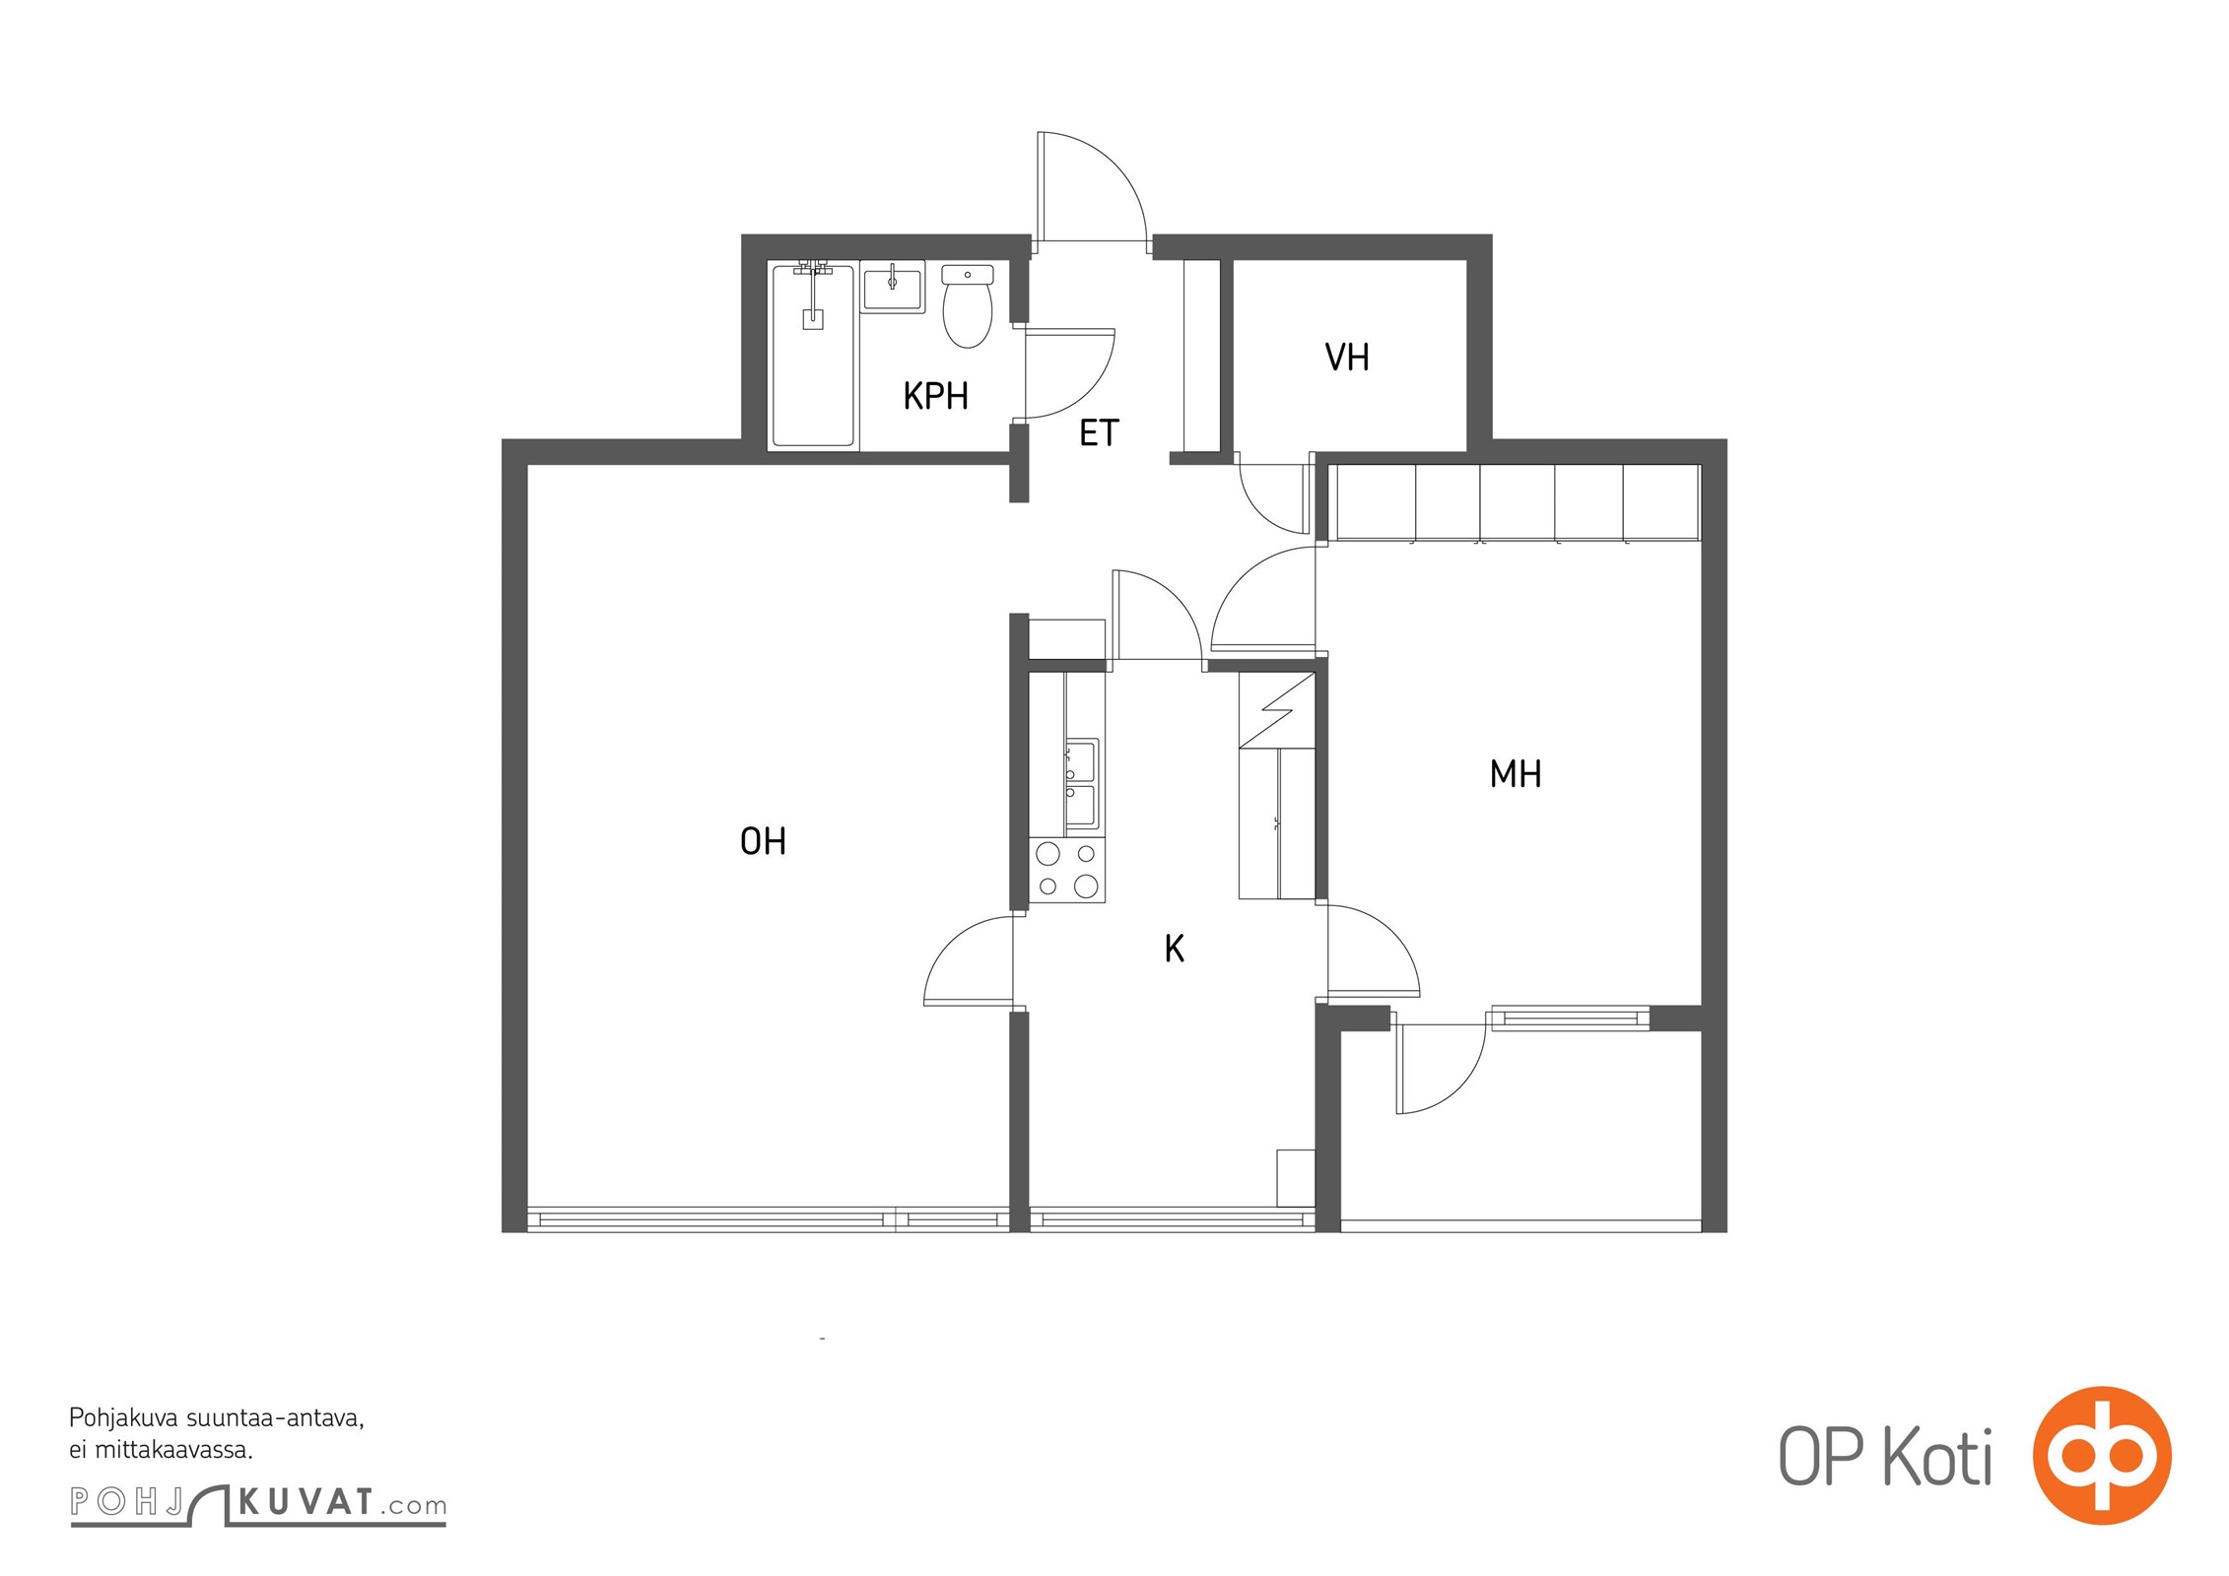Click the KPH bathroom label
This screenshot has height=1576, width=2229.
[935, 396]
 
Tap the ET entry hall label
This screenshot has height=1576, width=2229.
[1099, 433]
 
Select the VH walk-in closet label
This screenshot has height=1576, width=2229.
[1347, 358]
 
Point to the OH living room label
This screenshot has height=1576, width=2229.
[763, 841]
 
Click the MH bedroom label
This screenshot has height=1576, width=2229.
[1516, 774]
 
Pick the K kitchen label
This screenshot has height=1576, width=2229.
[1174, 949]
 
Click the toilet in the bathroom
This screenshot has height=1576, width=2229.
[968, 305]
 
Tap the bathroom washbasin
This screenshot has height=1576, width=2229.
[893, 287]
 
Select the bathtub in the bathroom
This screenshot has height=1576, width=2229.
[813, 355]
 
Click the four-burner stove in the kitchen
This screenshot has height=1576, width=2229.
[1067, 871]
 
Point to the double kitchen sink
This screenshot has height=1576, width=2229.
[1081, 784]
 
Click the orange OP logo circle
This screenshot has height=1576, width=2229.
[2102, 1455]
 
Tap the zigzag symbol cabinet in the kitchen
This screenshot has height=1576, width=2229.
[1277, 710]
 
